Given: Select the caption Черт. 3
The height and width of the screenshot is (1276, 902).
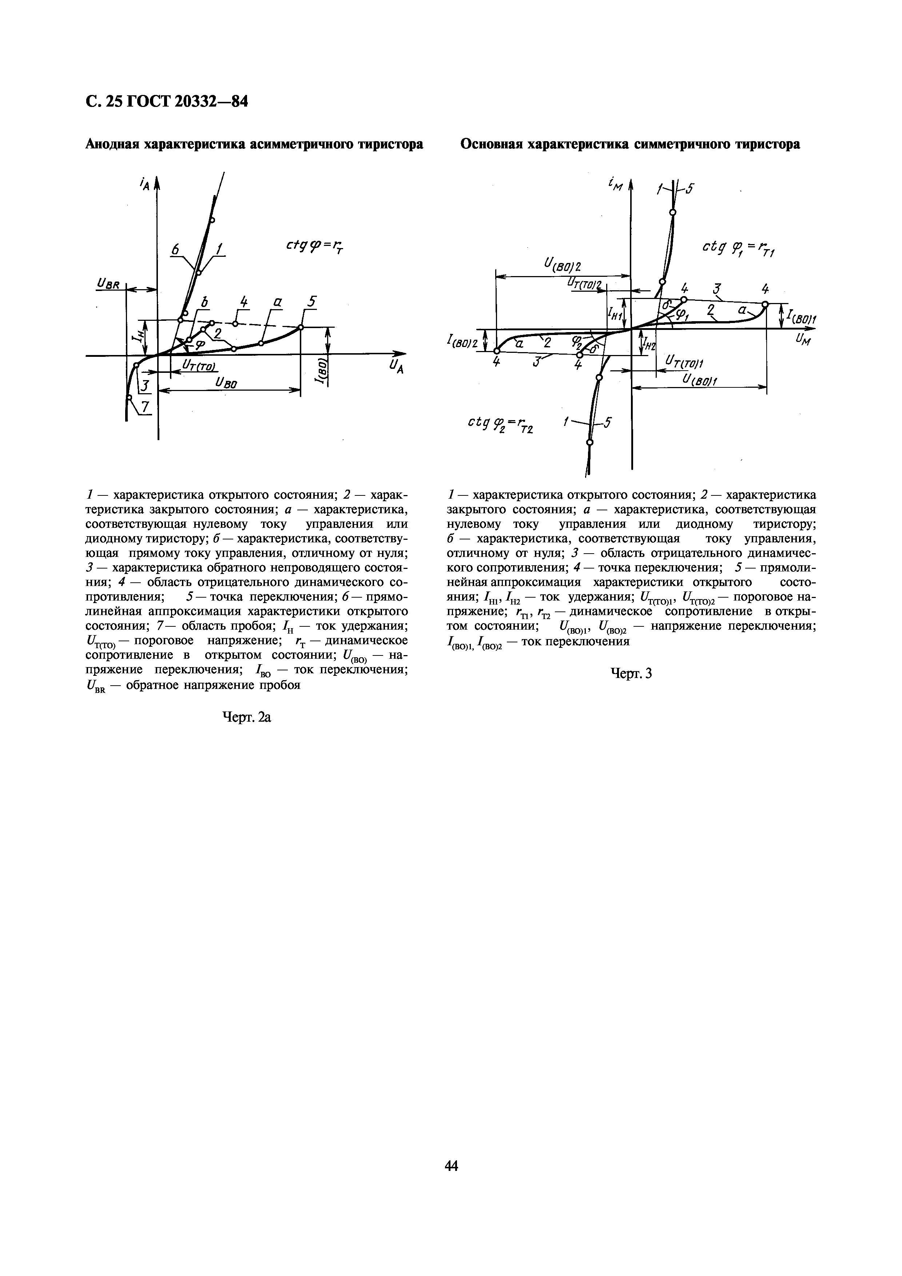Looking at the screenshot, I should tap(631, 674).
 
